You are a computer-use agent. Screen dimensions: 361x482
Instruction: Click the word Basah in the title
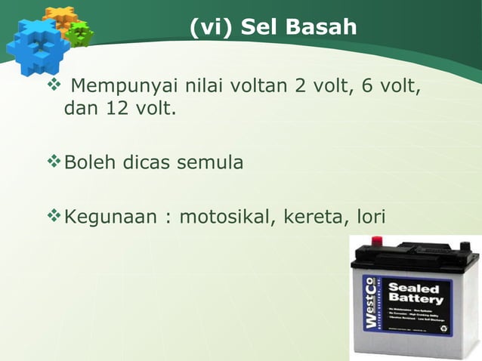coord(320,29)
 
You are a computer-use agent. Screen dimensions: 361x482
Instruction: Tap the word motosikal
coord(226,218)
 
